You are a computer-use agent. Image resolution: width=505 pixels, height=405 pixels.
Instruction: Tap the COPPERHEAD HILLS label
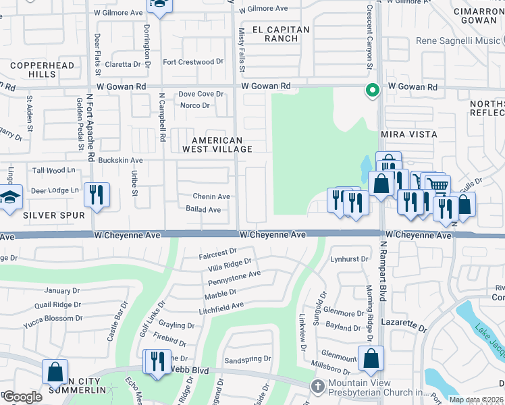[x=33, y=70]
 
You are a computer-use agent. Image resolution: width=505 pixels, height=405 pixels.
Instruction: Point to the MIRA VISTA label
[x=409, y=134]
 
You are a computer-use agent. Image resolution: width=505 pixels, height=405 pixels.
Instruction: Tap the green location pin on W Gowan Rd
[x=371, y=90]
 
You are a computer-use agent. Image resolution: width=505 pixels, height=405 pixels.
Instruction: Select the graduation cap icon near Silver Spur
[x=11, y=197]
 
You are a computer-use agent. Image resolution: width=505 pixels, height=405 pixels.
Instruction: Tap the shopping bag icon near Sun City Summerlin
[x=55, y=371]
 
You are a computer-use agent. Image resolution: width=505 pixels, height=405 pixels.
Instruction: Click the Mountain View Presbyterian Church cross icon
[x=317, y=385]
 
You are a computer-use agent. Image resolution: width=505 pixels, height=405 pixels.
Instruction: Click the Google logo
[x=22, y=396]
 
